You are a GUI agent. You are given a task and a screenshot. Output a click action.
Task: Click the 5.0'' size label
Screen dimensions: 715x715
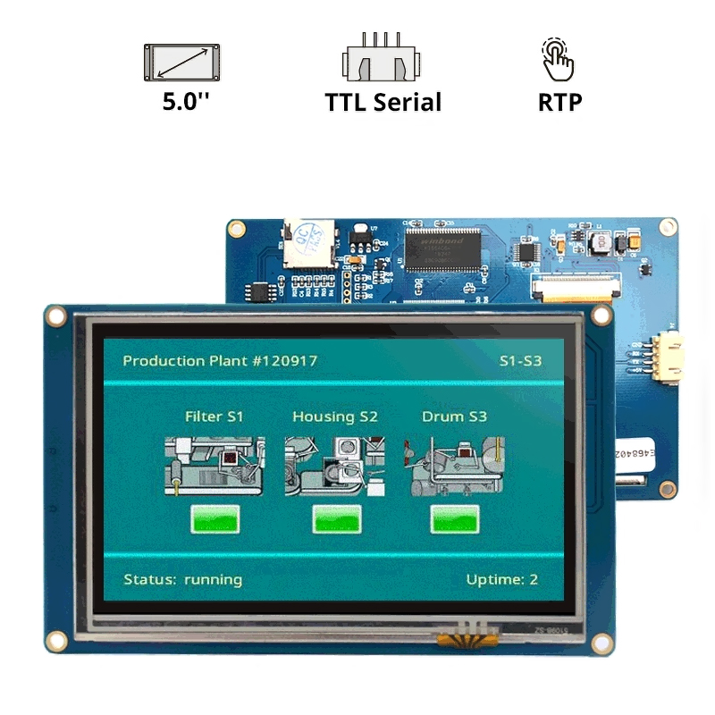185,101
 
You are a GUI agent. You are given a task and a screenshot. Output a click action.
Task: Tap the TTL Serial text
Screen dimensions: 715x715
383,101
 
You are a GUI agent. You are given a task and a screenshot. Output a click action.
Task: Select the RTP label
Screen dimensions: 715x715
560,101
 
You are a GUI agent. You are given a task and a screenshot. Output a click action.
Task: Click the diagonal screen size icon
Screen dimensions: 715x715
182,62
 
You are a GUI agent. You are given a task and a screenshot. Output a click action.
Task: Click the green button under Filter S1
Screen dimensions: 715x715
215,519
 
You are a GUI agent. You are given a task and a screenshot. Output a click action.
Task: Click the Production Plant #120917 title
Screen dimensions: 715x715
220,361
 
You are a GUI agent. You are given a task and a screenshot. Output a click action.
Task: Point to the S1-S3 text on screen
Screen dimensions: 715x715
520,362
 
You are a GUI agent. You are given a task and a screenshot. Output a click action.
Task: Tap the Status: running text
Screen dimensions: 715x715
182,579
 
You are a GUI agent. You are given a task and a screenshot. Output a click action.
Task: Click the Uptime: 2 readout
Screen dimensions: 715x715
501,579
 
